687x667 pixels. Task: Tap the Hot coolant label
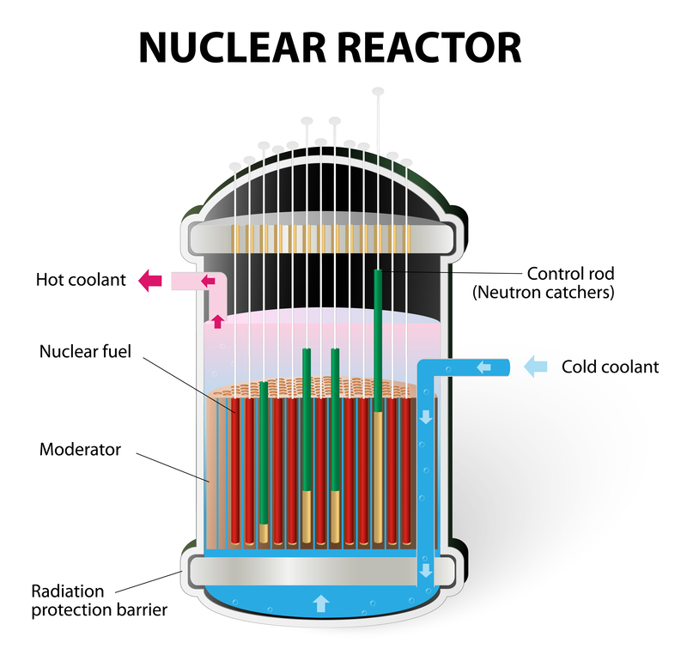click(x=81, y=280)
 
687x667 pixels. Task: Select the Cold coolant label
click(x=610, y=367)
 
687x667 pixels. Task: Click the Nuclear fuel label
click(x=86, y=351)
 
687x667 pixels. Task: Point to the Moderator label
click(x=81, y=449)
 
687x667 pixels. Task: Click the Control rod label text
click(x=571, y=274)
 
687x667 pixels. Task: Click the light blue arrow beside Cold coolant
click(x=535, y=367)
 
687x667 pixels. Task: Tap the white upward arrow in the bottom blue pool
click(x=320, y=603)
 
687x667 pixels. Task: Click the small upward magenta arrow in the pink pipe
click(x=217, y=322)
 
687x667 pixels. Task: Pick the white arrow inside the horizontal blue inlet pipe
click(x=484, y=367)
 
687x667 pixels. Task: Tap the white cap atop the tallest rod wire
click(x=378, y=90)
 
